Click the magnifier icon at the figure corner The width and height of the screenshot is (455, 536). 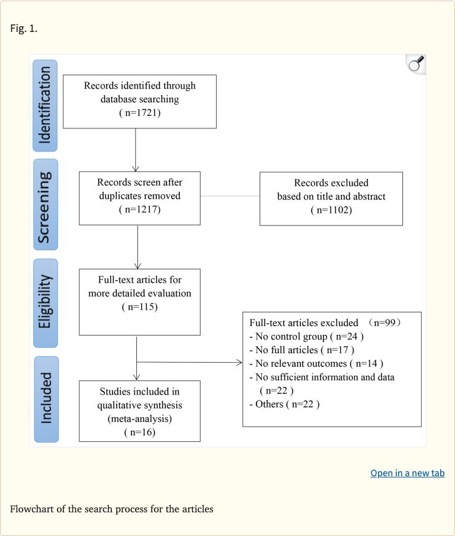point(416,64)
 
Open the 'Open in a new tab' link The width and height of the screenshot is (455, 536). point(407,473)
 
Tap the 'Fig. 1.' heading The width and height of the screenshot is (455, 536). point(24,28)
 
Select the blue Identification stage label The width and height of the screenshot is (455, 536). point(46,106)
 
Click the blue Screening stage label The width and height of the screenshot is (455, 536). point(46,204)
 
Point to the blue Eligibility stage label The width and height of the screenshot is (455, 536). point(46,303)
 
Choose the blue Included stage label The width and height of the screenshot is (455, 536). point(46,399)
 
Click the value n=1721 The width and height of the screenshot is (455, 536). point(140,113)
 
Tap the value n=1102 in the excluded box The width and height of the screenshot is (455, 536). point(331,209)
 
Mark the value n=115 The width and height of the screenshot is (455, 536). point(139,307)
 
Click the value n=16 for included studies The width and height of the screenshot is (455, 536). point(139,432)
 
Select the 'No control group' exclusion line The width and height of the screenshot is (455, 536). point(306,336)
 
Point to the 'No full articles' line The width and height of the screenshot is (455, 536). point(302,350)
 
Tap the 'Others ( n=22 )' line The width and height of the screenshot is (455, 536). point(284,404)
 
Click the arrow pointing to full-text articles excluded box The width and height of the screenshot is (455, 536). point(190,362)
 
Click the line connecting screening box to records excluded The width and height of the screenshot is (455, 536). point(230,196)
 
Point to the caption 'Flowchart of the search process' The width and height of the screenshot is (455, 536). point(111,509)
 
